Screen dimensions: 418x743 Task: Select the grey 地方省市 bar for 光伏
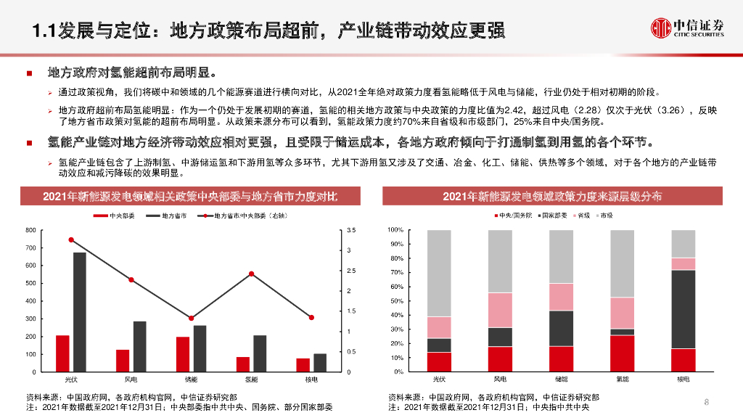click(79, 312)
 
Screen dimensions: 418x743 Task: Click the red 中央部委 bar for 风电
click(123, 361)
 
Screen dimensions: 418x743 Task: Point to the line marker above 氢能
click(251, 274)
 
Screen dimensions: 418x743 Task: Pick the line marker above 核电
click(311, 317)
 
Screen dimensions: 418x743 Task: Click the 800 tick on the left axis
click(30, 230)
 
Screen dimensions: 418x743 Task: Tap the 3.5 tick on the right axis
click(351, 230)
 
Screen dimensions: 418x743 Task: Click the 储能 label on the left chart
click(191, 380)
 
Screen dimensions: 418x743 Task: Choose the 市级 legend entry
click(605, 216)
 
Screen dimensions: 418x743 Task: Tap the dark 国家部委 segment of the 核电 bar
click(683, 309)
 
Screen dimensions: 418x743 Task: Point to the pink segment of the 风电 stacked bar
click(500, 310)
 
